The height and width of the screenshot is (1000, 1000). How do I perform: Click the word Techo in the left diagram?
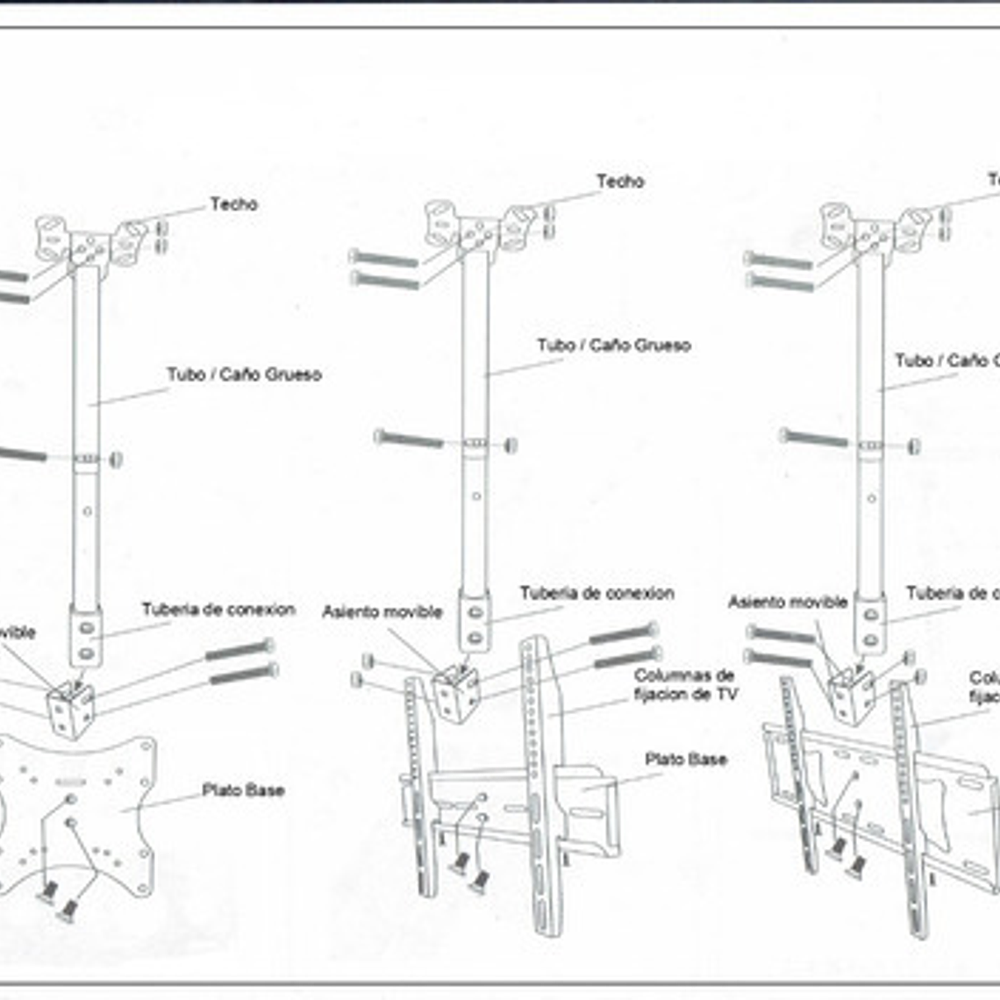(233, 204)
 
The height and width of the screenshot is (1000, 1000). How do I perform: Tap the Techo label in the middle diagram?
(620, 182)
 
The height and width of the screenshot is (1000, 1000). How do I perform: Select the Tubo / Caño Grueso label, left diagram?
(244, 375)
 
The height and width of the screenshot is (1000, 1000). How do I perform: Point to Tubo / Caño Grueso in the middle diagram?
(613, 346)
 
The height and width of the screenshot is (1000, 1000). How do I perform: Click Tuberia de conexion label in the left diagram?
(218, 610)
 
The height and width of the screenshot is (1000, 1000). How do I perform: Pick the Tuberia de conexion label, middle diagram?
(596, 594)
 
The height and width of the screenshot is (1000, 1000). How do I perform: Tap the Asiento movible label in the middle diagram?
(382, 612)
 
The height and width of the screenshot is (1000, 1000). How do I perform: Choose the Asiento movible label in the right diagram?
(787, 603)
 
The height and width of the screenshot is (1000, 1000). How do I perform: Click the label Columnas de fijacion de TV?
(685, 685)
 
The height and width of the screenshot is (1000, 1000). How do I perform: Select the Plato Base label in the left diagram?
(243, 790)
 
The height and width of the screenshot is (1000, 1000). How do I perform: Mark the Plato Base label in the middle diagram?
(686, 760)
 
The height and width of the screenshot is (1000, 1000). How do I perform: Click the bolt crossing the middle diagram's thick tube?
(409, 439)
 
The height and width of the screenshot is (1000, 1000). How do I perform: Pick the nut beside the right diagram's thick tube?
(914, 446)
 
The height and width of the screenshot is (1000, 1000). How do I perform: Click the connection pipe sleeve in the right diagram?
(869, 624)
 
